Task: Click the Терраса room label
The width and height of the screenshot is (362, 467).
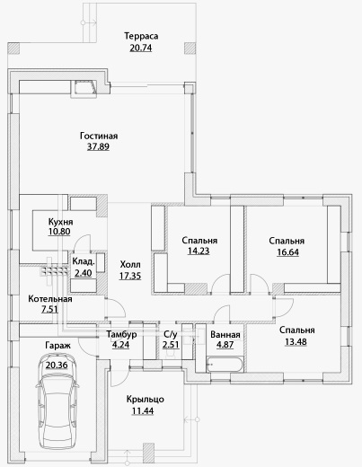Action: point(141,37)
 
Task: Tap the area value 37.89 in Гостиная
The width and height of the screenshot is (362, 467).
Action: point(98,146)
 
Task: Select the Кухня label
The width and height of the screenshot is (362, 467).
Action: point(61,222)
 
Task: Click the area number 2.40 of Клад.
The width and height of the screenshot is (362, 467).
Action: point(84,273)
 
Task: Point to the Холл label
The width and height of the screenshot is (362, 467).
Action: point(130,265)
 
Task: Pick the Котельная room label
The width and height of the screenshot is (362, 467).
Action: point(50,299)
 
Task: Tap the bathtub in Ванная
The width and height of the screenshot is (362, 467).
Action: point(225,365)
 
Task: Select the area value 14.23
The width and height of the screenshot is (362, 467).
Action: point(199,251)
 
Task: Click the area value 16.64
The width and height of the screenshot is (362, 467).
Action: point(287,252)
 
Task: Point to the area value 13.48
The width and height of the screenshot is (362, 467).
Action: point(296,341)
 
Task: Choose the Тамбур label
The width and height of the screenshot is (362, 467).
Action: point(121,334)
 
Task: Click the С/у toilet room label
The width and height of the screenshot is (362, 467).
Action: point(171,334)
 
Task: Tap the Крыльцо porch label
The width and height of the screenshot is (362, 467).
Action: point(146,400)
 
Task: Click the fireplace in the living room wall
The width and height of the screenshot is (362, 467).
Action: point(84,89)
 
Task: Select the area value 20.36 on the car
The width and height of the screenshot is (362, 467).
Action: point(57,366)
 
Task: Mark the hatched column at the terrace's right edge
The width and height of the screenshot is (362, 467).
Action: point(190,48)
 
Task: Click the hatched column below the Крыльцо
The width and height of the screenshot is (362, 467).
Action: point(148,453)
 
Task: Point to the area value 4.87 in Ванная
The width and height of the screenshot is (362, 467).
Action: point(225,345)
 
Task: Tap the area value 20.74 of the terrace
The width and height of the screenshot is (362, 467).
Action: point(141,48)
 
